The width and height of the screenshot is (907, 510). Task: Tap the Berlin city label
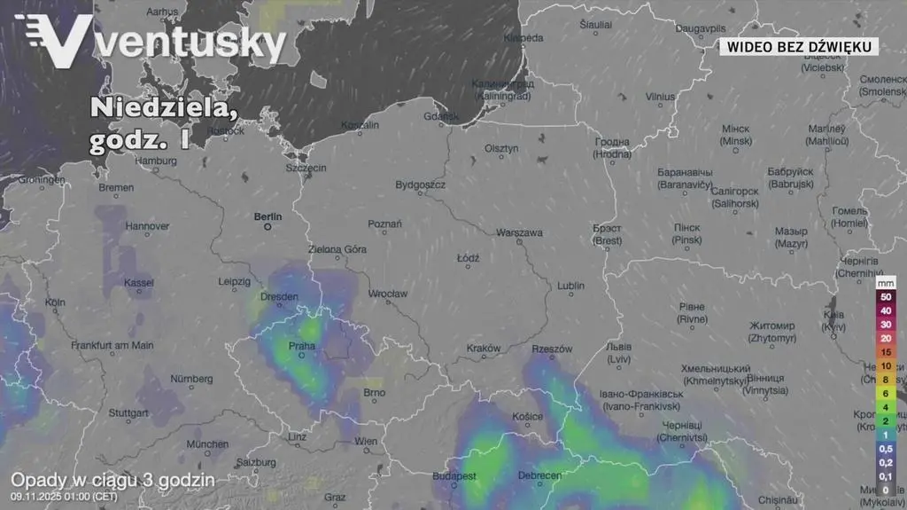(x=267, y=216)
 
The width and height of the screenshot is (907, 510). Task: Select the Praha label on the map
(x=302, y=346)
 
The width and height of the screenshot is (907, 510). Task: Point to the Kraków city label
(x=484, y=349)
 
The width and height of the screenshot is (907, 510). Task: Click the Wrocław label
(x=388, y=294)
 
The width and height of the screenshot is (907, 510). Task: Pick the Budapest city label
(x=455, y=476)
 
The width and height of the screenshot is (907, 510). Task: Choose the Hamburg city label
(x=157, y=161)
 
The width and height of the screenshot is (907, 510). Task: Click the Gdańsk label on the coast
(x=441, y=116)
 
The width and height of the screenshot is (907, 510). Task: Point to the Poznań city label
(x=384, y=224)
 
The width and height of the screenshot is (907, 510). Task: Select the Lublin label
(x=570, y=286)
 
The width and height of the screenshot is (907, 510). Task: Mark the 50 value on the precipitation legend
(x=886, y=297)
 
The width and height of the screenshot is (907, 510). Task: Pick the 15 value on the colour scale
(x=886, y=352)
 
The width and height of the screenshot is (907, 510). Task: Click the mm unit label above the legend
(x=886, y=283)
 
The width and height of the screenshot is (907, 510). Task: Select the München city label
(x=207, y=444)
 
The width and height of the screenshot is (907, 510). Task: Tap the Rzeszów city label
(x=552, y=349)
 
